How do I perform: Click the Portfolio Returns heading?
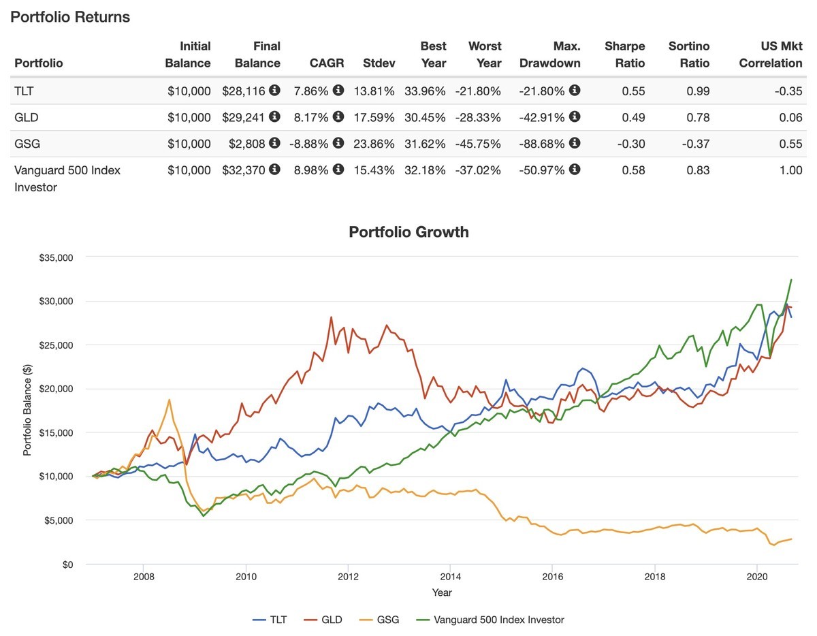[x=70, y=17]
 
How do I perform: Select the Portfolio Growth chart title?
[x=408, y=232]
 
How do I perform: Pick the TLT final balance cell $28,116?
[x=244, y=91]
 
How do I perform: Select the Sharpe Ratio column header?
[x=624, y=54]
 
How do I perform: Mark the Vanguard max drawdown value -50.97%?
[x=542, y=170]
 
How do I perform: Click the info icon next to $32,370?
[x=274, y=170]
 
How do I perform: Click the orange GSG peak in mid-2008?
[x=169, y=400]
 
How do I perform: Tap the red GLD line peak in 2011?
[x=331, y=317]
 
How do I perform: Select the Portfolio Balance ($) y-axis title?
[x=27, y=411]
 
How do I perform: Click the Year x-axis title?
[x=442, y=593]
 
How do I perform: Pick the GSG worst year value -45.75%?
[x=479, y=143]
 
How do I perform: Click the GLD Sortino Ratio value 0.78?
[x=697, y=117]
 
